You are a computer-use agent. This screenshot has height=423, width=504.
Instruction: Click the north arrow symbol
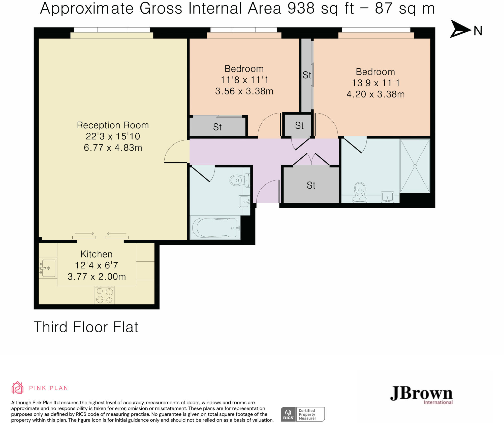(460, 29)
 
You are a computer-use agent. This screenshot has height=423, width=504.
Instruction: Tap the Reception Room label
(113, 125)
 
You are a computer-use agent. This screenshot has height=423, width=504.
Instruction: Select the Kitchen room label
(97, 254)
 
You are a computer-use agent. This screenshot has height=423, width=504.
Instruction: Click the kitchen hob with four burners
(105, 295)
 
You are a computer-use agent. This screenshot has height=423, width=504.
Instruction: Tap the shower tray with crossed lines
(415, 166)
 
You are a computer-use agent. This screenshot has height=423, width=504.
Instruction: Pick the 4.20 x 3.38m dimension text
(375, 94)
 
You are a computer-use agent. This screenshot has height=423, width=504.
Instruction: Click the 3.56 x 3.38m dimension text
(244, 91)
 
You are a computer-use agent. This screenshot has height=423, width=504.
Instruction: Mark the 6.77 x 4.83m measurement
(113, 148)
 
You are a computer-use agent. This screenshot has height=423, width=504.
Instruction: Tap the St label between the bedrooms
(307, 75)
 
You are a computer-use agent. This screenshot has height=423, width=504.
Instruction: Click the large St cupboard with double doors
(311, 185)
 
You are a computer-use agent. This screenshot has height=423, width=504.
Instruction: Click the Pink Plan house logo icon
(17, 388)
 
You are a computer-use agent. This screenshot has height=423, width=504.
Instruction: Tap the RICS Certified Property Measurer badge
(303, 414)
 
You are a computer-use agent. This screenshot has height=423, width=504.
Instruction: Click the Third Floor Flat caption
(86, 327)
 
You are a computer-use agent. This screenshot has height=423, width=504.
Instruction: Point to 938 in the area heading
(301, 8)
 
